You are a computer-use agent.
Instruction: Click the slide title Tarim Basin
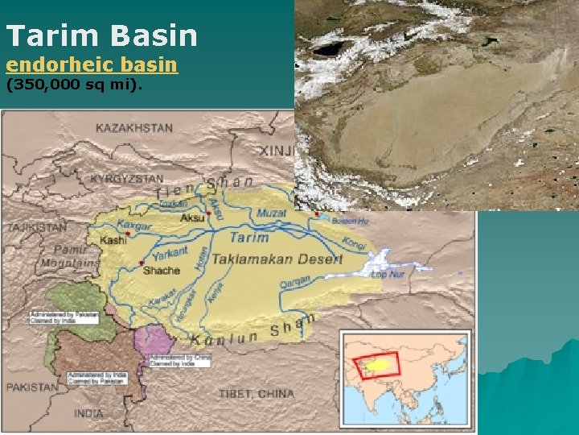point(101,35)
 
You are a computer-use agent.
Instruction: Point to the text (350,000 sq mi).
point(74,84)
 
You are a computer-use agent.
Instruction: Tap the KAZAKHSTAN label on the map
point(134,128)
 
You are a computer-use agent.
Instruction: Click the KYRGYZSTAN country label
point(127,178)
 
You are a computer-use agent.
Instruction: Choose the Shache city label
point(162,271)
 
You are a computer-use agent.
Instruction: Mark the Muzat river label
point(271,213)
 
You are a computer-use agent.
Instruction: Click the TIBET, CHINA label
point(257,394)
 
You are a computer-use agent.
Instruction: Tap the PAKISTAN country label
point(33,387)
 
